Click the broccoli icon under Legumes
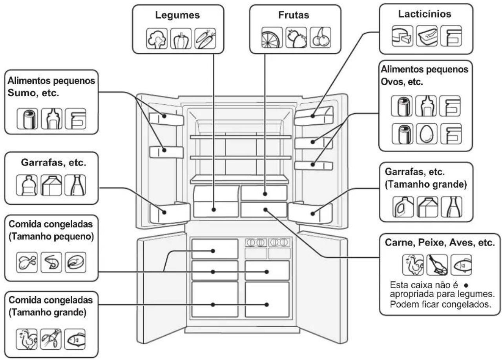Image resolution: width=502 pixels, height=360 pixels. click(x=157, y=38)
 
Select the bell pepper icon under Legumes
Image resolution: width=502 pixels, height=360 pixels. click(x=181, y=38)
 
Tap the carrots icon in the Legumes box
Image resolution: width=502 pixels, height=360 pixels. click(x=205, y=38)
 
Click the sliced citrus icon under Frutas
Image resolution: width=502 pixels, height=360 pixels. click(x=272, y=37)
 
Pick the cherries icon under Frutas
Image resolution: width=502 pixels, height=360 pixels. click(x=320, y=37)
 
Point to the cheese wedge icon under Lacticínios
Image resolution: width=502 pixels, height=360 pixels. click(x=402, y=36)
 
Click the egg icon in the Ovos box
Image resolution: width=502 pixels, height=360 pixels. click(x=427, y=134)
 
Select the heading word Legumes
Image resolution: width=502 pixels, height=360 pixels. click(x=177, y=15)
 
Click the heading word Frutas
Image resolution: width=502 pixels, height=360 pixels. click(x=294, y=15)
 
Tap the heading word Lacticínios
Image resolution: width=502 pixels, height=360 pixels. click(x=425, y=14)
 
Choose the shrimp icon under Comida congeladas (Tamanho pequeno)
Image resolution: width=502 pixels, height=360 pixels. click(x=51, y=262)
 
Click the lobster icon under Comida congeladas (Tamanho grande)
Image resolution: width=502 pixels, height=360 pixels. click(x=51, y=339)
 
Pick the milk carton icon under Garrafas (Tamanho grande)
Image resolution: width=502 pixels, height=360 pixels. click(x=427, y=207)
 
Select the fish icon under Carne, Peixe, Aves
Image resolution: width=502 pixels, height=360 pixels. click(x=461, y=265)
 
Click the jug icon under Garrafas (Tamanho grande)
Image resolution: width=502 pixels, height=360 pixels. click(x=403, y=207)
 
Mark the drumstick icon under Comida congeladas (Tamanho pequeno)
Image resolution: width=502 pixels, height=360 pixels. click(x=27, y=262)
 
